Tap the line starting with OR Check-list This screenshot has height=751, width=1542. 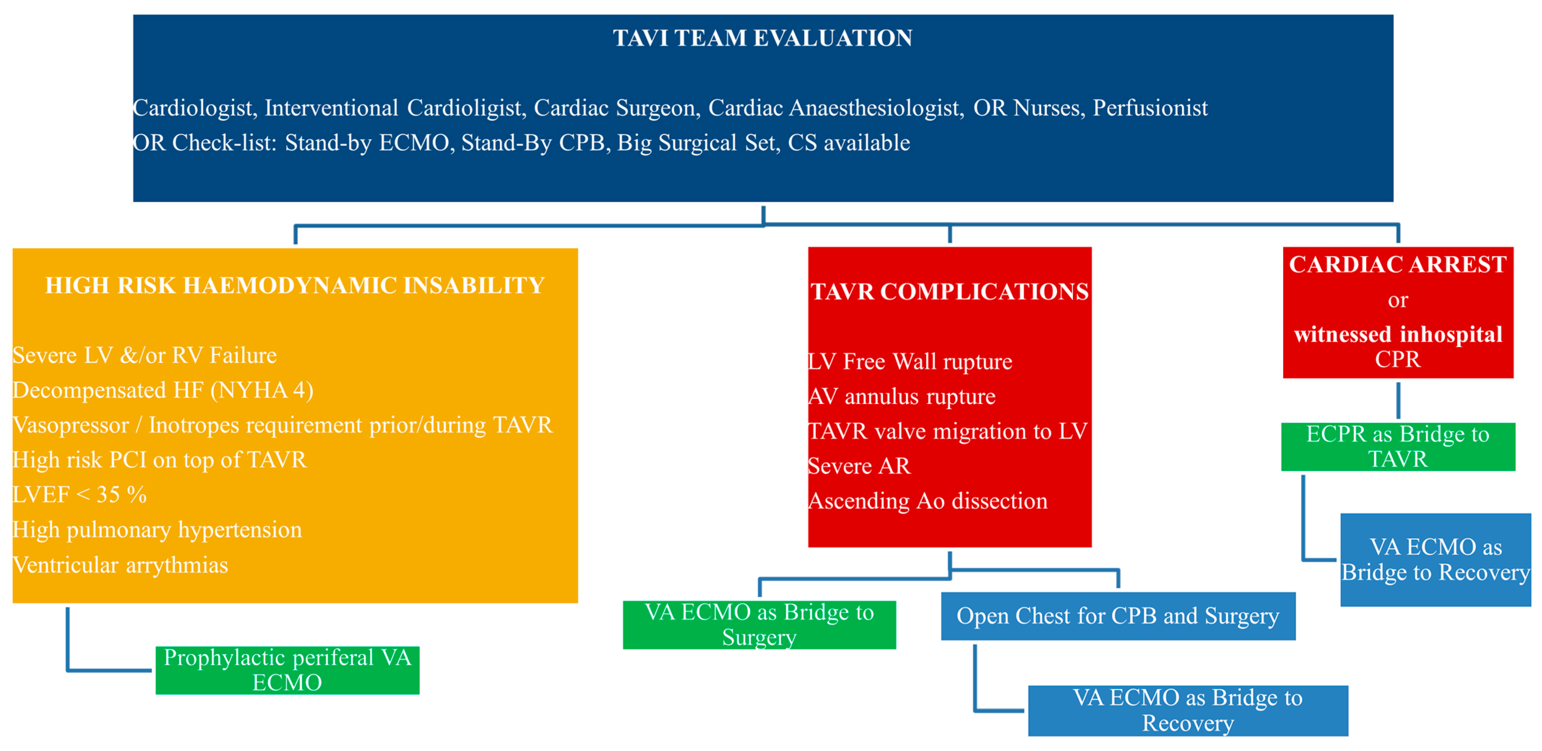[521, 142]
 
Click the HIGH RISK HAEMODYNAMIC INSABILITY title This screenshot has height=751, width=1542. [295, 286]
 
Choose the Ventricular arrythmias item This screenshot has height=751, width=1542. [120, 565]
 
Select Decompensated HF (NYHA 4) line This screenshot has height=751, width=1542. [163, 390]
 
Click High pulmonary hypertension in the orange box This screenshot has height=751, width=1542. [157, 530]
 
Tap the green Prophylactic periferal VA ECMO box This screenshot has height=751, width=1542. [287, 670]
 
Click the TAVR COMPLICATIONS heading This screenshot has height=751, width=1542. [949, 291]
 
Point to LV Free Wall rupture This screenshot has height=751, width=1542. [910, 361]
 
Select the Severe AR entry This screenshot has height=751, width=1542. [859, 465]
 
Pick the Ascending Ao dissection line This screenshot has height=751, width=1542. [928, 501]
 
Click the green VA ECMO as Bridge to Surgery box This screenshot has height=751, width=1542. [759, 624]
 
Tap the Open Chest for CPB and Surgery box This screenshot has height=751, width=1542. [1118, 616]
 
